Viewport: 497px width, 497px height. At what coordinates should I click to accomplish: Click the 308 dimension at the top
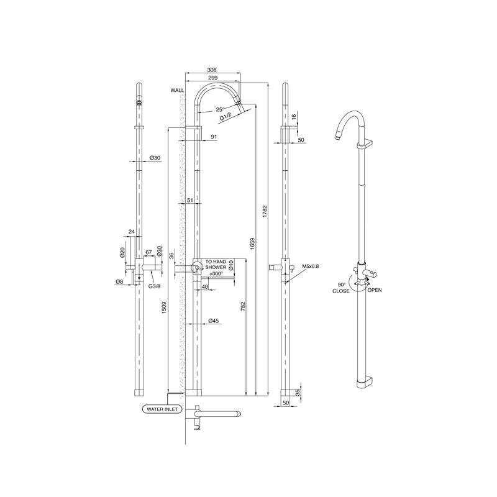coord(212,70)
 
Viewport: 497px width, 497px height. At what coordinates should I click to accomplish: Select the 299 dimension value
coord(212,78)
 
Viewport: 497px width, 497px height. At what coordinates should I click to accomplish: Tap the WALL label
coord(178,91)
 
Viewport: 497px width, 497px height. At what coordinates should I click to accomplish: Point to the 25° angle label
coord(220,109)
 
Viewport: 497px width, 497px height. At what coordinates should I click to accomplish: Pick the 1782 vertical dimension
coord(265,211)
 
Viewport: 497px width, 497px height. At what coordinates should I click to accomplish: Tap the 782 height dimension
coord(243,306)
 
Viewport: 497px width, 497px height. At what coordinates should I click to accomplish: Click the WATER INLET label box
coord(162,409)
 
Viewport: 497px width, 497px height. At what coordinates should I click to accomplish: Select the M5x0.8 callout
coord(311,267)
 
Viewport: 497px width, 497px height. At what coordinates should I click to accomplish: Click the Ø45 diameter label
coord(213,321)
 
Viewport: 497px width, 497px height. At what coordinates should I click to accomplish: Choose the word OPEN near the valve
coord(375,290)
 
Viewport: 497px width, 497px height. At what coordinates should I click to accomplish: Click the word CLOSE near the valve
coord(340,290)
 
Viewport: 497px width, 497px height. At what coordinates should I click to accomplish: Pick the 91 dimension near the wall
coord(214,137)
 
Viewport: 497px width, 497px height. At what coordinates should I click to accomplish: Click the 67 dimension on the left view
coord(148,252)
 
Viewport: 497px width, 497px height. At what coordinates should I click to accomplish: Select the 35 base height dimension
coord(298,392)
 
